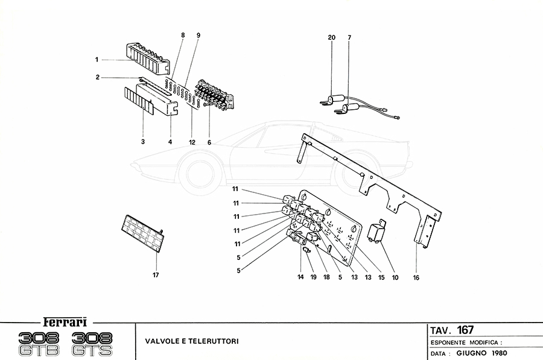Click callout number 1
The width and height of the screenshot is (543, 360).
[97, 59]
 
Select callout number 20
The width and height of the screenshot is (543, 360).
[331, 38]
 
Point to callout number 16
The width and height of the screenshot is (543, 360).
[417, 278]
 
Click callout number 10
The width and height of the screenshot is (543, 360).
[395, 278]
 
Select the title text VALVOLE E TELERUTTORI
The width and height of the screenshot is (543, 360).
[191, 341]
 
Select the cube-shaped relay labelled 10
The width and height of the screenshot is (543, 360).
[377, 232]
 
